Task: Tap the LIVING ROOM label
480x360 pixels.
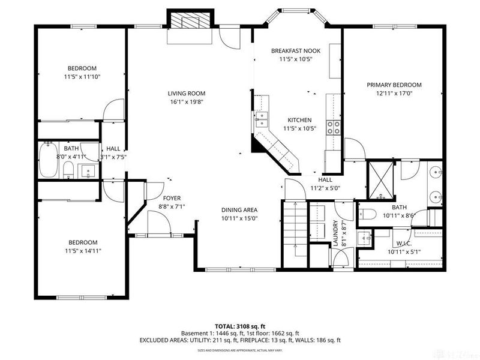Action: click(186, 93)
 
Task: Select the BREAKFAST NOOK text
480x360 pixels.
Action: click(296, 51)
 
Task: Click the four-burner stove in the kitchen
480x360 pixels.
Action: click(333, 127)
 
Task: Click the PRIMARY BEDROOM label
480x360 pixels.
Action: click(394, 85)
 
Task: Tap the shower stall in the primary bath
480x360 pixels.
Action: click(380, 179)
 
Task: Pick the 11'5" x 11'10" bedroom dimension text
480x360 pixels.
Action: click(82, 77)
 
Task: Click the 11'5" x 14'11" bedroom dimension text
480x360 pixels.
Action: click(82, 251)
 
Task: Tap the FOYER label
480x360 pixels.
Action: click(172, 198)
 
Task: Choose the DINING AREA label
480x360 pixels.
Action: click(239, 210)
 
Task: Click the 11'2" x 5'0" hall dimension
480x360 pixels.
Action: click(325, 188)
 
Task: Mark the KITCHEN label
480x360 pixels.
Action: click(299, 120)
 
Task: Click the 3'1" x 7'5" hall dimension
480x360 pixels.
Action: click(113, 157)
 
